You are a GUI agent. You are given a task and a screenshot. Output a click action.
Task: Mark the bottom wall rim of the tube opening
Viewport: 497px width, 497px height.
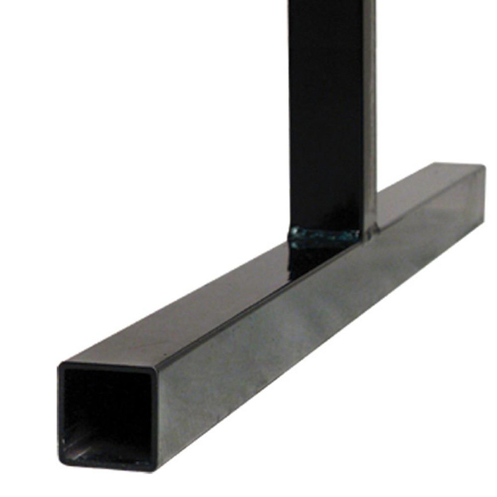pos(106,466)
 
